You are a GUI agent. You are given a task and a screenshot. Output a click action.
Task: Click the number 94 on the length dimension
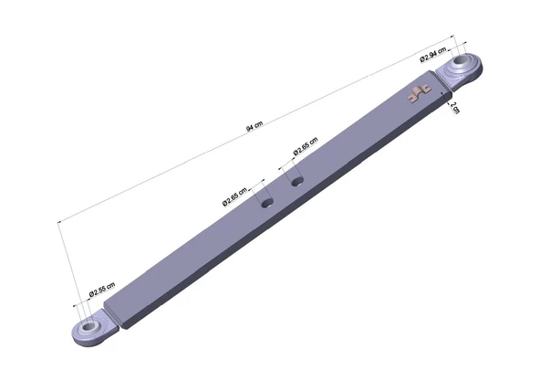[x=250, y=129]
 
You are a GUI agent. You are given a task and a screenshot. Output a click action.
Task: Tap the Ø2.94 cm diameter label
[x=433, y=54]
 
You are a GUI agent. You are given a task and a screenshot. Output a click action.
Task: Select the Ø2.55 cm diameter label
[x=102, y=290]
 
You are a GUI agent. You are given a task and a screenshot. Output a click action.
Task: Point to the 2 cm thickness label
[x=454, y=108]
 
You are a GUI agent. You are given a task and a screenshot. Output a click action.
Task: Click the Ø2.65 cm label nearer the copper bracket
[x=306, y=146]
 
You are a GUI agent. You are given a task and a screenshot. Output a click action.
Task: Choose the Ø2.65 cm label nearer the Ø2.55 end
[x=234, y=196]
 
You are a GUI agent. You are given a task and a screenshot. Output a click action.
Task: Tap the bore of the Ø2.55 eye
[x=89, y=325]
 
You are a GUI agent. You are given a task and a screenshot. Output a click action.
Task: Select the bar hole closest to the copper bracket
[x=296, y=181]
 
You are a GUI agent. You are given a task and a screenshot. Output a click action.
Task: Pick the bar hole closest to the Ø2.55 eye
[x=267, y=203]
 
